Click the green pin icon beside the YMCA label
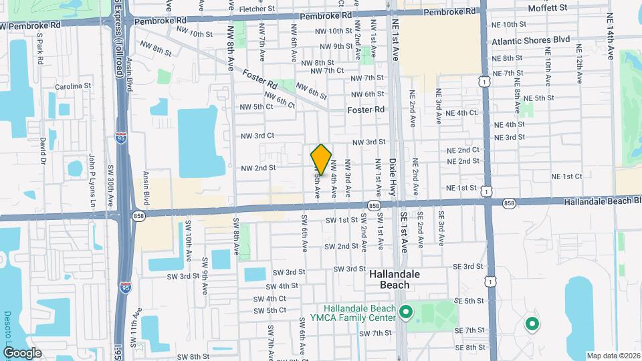pos(405,312)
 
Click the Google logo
pos(21,353)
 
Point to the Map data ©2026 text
pos(614,356)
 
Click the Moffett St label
pos(547,8)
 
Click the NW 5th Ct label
pos(257,106)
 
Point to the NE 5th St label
pos(540,98)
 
